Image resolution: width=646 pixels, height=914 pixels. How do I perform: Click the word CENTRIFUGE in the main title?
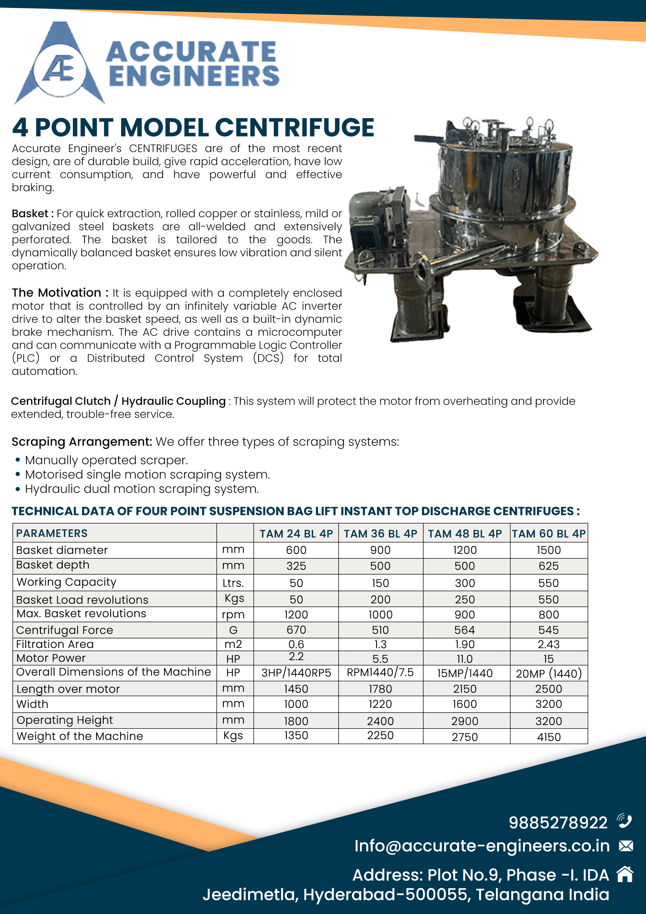295,127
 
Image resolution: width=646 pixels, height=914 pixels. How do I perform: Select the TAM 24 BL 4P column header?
296,533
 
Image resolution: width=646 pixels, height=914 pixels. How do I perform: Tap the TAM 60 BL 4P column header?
549,533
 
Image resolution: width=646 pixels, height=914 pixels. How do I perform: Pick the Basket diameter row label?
62,550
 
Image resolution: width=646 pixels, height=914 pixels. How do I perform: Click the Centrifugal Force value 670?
296,630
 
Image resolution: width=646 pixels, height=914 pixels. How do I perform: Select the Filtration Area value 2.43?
549,644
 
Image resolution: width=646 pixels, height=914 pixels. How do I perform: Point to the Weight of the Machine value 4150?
549,737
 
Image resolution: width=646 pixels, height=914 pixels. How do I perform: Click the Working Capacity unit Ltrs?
233,583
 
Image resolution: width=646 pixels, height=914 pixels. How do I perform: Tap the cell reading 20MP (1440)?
549,673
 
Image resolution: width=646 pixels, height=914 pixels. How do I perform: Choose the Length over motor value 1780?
380,689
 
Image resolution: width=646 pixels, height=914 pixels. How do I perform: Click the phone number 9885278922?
558,823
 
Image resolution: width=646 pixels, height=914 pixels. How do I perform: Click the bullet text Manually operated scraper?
106,460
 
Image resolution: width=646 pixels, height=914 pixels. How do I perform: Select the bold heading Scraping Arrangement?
82,442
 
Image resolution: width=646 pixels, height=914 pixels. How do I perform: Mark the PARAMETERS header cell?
52,533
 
